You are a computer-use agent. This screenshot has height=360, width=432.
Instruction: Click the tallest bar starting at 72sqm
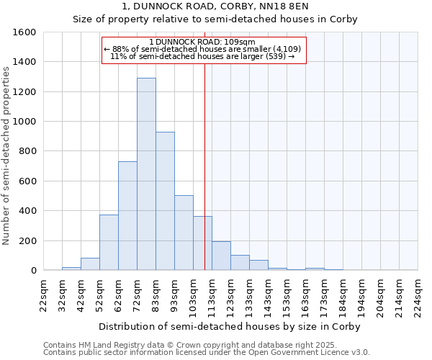click(146, 174)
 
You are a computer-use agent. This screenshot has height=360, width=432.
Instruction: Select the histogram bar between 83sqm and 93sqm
click(165, 202)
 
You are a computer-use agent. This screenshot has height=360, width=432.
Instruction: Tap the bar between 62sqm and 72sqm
click(127, 216)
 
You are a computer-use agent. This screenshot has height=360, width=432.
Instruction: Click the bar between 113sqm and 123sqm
click(221, 256)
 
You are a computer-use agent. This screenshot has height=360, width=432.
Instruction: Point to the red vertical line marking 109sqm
click(205, 166)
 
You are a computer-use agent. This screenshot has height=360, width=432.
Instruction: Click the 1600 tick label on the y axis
click(24, 32)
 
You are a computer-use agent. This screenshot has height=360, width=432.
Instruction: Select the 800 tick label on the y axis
click(27, 151)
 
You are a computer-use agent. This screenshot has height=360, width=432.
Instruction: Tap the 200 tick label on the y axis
click(27, 240)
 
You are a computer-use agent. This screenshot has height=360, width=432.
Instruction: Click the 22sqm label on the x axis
click(44, 295)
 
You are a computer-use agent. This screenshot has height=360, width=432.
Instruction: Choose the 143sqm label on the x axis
click(269, 295)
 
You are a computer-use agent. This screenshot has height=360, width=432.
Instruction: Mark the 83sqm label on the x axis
click(156, 295)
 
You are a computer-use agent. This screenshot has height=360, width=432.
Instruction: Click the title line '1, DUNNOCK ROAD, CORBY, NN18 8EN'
click(215, 6)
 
